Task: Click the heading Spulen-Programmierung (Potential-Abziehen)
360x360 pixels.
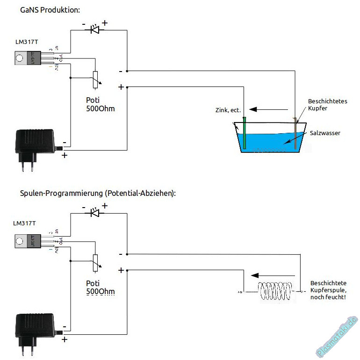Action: click(98, 193)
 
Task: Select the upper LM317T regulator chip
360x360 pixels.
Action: click(27, 58)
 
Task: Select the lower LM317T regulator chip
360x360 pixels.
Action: click(27, 242)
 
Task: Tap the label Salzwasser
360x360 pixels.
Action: click(325, 133)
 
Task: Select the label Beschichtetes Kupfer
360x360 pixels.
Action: click(327, 105)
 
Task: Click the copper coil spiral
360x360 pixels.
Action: click(276, 292)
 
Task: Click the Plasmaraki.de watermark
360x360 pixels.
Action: click(337, 337)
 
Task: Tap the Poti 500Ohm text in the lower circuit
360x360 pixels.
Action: click(100, 288)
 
